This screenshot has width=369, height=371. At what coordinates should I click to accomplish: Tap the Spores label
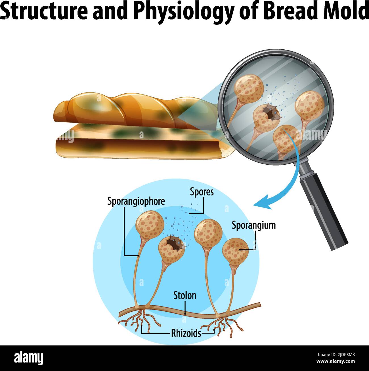pos(202,192)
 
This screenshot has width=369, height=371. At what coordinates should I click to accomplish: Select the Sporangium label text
pos(253,225)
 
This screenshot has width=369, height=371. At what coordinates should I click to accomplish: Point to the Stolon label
pos(185,295)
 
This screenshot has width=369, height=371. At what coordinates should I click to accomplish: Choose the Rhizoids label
pos(186,333)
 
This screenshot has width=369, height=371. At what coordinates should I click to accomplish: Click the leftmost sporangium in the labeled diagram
pos(150,226)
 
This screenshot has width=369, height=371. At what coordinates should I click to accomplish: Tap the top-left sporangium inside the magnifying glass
pos(248,88)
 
